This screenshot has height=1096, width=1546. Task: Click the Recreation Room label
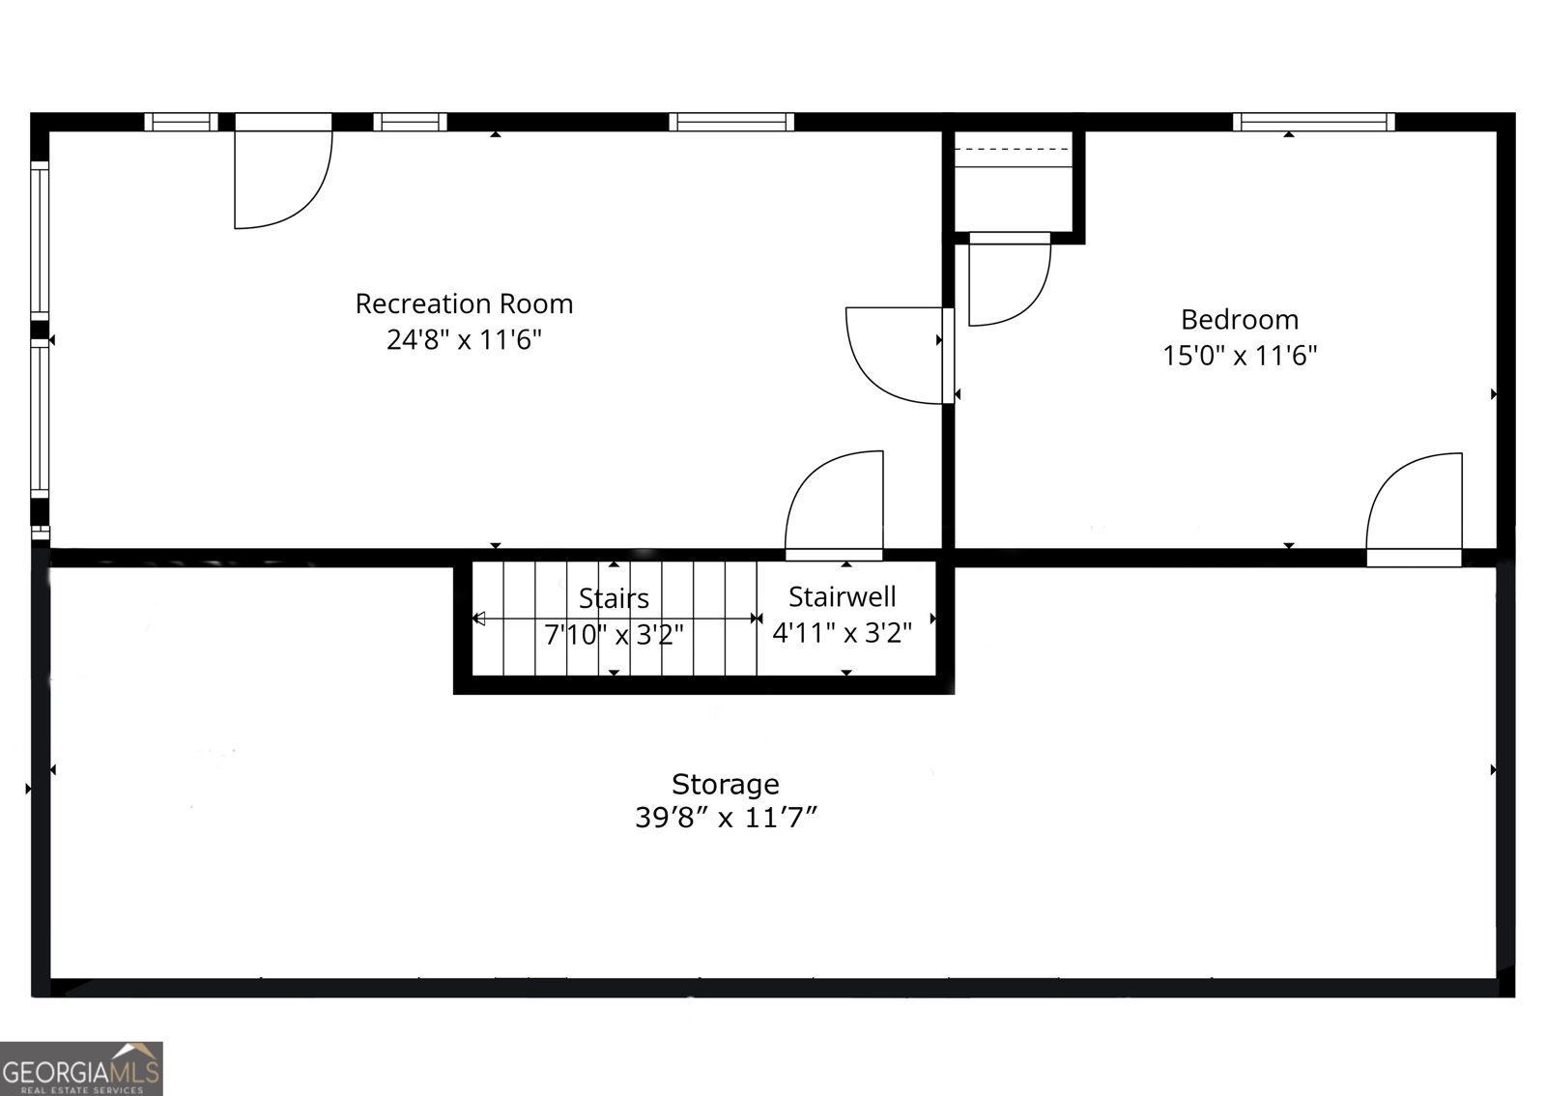tap(464, 304)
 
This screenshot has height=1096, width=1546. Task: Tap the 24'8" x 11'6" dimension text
tap(464, 340)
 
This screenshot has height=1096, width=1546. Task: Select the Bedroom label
tap(1240, 320)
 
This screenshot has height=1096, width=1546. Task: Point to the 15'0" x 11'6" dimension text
tap(1240, 356)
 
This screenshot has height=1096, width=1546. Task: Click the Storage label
tap(725, 784)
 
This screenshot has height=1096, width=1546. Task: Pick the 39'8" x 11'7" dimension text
tap(725, 819)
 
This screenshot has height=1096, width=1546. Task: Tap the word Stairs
tap(614, 599)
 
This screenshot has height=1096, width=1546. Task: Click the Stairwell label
tap(842, 597)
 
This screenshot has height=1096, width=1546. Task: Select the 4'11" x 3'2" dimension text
tap(842, 633)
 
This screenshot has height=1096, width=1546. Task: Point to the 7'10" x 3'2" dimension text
tap(614, 635)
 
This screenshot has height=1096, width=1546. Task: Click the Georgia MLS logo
tap(81, 1069)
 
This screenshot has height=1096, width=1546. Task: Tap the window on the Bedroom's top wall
tap(1313, 122)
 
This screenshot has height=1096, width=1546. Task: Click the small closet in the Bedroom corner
tap(1014, 184)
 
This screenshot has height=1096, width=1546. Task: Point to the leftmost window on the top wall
tap(181, 122)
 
